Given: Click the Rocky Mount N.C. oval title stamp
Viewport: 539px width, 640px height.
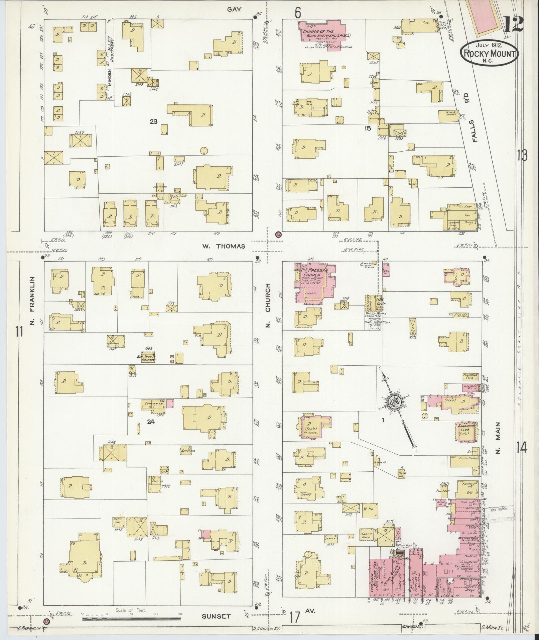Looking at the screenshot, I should [489, 53].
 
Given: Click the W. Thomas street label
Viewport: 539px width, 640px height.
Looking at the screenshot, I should [223, 247].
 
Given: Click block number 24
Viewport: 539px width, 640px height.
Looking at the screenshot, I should [151, 422].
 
